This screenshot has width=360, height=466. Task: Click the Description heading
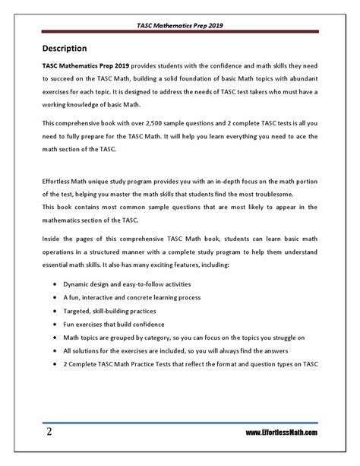tap(70, 47)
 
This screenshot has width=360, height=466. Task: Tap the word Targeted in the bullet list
tap(87, 311)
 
